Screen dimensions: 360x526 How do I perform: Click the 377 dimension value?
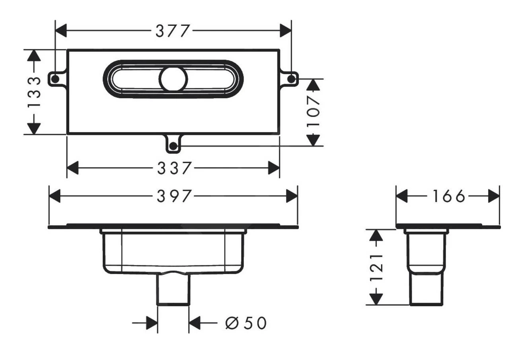(173, 31)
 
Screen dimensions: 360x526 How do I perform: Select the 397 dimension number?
(173, 196)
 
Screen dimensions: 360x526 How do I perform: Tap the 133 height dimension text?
(35, 92)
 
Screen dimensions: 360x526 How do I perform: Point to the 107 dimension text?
(314, 111)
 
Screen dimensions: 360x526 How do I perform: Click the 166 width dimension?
(448, 196)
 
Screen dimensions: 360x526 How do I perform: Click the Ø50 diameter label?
(245, 323)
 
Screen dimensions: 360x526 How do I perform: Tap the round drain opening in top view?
(173, 79)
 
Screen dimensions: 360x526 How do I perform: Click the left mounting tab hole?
(55, 79)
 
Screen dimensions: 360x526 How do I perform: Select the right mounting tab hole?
(291, 79)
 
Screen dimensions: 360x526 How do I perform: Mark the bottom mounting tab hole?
(173, 146)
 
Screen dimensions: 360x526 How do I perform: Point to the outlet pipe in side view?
(425, 290)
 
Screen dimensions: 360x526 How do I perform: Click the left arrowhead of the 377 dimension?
(61, 31)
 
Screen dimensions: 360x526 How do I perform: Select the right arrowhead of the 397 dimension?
(292, 196)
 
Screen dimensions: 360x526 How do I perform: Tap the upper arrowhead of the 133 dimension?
(35, 55)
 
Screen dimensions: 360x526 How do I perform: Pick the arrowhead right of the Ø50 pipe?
(194, 323)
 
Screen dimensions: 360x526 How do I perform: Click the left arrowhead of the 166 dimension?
(402, 196)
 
